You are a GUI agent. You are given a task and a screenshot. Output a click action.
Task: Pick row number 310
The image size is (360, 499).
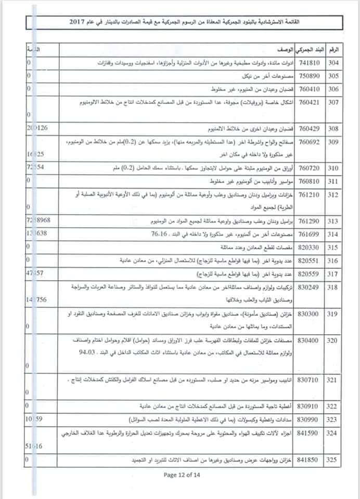[x=333, y=168]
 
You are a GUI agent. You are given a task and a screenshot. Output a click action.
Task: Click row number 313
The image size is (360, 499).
[x=333, y=221]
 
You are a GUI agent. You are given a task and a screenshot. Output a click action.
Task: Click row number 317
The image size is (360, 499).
[x=333, y=273]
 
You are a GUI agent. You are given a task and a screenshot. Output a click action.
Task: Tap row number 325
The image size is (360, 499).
[x=333, y=459]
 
